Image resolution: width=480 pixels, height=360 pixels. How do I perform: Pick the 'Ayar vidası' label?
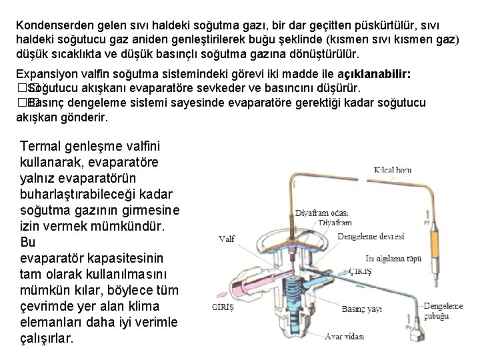343,336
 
